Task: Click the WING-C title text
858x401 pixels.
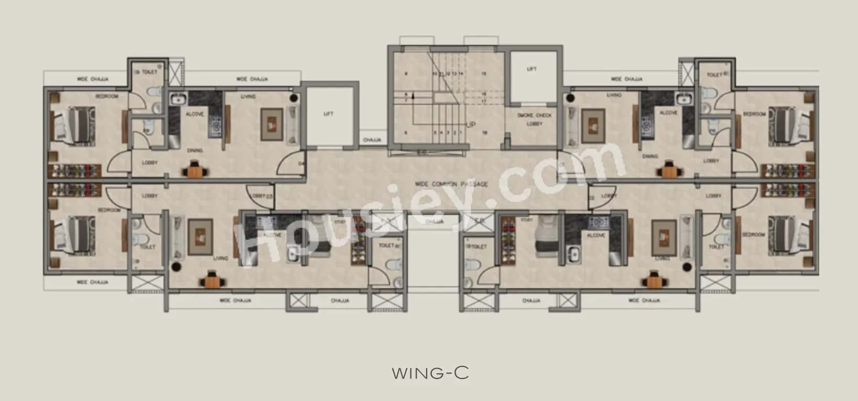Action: pos(430,373)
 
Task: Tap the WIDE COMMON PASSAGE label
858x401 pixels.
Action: pos(451,184)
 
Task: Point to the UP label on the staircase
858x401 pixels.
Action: pos(471,124)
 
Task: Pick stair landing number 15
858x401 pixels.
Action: pos(484,74)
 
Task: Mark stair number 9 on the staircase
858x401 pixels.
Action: pos(406,74)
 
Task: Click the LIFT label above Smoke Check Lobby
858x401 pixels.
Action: pos(531,69)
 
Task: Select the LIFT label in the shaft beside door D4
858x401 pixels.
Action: pos(329,114)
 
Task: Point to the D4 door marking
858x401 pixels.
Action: pos(301,164)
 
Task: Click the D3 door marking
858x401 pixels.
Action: pos(269,196)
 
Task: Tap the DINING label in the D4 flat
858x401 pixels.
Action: pos(195,150)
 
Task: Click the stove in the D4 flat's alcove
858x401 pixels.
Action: pos(215,125)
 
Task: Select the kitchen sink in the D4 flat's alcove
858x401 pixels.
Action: pos(178,99)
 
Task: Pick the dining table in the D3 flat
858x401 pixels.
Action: pos(212,280)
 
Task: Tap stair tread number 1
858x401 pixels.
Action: pos(461,133)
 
